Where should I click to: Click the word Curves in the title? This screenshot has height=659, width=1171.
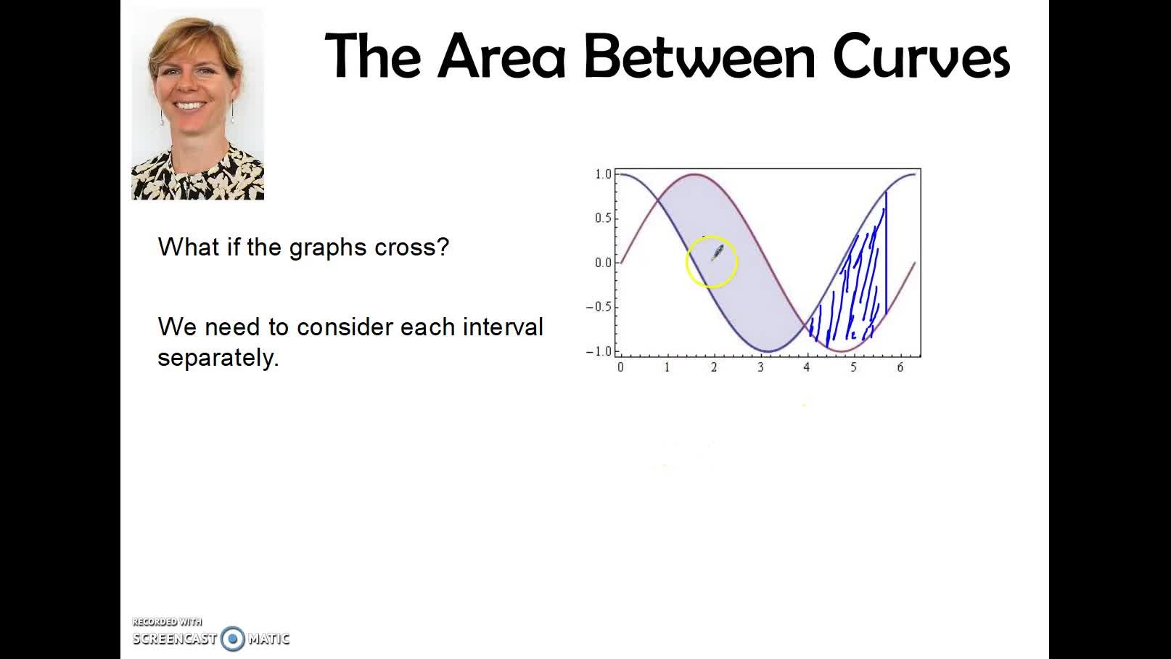[x=921, y=57]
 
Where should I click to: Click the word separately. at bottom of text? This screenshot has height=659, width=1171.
[x=218, y=358]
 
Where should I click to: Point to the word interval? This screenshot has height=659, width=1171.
[x=503, y=327]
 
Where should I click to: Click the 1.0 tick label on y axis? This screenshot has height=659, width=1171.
[x=603, y=174]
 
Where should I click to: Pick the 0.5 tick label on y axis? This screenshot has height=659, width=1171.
[x=603, y=218]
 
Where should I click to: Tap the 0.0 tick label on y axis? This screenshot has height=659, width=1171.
[x=603, y=263]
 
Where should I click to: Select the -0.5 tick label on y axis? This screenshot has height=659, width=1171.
[x=599, y=307]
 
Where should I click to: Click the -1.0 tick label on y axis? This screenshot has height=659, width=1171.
[x=599, y=351]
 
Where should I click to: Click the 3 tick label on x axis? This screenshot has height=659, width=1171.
[x=760, y=367]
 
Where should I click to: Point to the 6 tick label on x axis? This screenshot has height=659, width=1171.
[x=900, y=367]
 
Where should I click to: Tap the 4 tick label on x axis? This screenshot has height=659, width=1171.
[x=806, y=367]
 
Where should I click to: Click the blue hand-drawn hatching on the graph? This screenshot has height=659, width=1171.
[x=856, y=290]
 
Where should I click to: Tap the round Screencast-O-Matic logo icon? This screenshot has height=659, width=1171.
[x=233, y=639]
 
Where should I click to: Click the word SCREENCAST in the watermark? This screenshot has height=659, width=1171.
[x=175, y=639]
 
